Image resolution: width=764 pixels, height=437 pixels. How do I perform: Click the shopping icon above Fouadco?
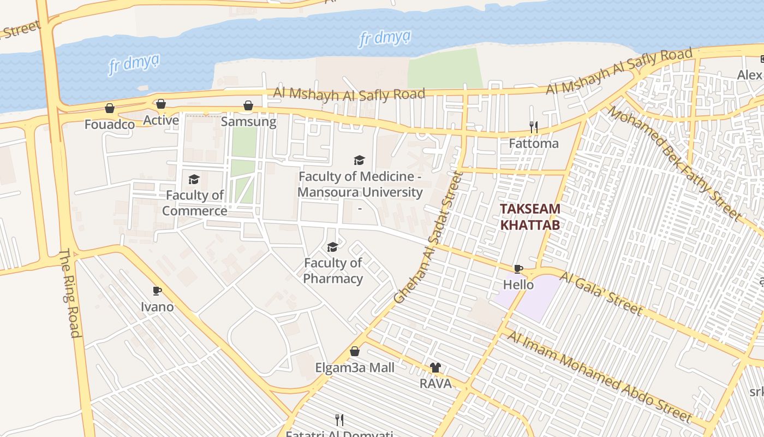pyautogui.click(x=110, y=108)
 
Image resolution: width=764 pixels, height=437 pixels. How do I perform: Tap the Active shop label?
pyautogui.click(x=161, y=120)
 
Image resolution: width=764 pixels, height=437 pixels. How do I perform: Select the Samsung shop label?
pyautogui.click(x=248, y=121)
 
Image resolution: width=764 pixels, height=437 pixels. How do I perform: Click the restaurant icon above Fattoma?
pyautogui.click(x=534, y=127)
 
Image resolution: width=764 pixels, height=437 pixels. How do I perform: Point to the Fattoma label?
pyautogui.click(x=534, y=143)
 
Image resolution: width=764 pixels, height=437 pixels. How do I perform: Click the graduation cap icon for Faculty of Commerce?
pyautogui.click(x=194, y=179)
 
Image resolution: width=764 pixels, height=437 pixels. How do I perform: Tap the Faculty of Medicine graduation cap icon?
pyautogui.click(x=359, y=160)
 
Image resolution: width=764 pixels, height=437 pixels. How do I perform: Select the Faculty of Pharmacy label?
pyautogui.click(x=333, y=271)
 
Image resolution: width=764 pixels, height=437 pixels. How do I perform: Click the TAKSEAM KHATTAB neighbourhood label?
pyautogui.click(x=530, y=216)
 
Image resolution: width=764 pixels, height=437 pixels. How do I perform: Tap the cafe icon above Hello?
pyautogui.click(x=518, y=269)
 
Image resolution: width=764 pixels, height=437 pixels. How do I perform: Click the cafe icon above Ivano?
pyautogui.click(x=157, y=291)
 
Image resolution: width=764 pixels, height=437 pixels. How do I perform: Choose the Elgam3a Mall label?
pyautogui.click(x=355, y=368)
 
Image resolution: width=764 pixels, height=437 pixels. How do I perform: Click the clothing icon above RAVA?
pyautogui.click(x=435, y=368)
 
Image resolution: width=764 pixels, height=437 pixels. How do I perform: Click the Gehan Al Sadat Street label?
pyautogui.click(x=429, y=238)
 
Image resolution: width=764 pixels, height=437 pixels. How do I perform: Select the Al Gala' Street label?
pyautogui.click(x=601, y=293)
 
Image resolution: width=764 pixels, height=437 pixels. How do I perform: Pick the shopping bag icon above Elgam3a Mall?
pyautogui.click(x=355, y=351)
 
